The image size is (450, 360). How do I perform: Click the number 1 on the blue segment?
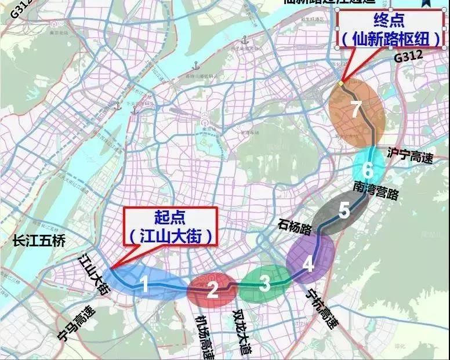(x=144, y=283)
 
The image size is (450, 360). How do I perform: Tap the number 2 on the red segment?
(x=212, y=289)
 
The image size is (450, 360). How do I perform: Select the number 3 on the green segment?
(x=265, y=284)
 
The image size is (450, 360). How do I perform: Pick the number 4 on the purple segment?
(x=308, y=265)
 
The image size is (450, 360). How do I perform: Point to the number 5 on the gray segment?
(x=344, y=211)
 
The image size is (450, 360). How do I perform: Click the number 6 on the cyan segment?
(x=367, y=170)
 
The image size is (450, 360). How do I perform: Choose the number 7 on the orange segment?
(x=355, y=107)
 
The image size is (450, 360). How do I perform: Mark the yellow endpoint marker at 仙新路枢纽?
(x=341, y=83)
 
